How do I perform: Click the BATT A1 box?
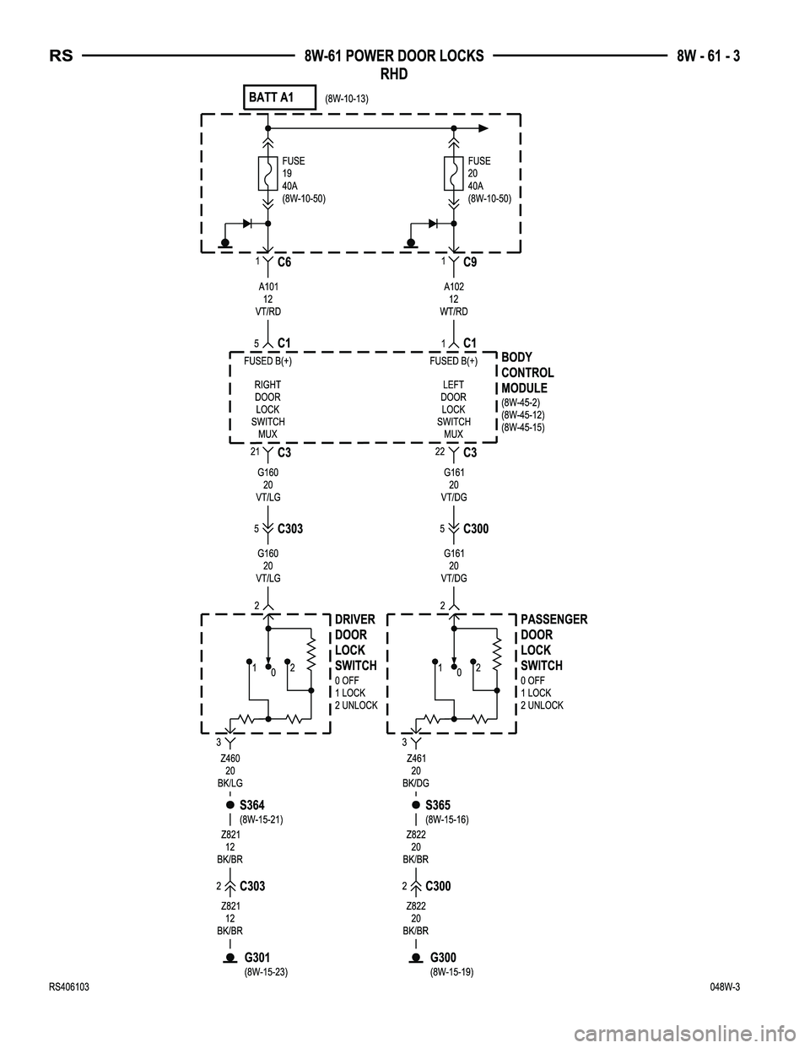[278, 98]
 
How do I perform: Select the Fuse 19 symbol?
[267, 174]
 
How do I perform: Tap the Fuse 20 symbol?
[453, 174]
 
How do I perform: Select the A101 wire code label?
[267, 287]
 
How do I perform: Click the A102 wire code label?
[454, 287]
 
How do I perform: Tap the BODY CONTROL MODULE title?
[527, 372]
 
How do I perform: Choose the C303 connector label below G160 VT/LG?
[289, 529]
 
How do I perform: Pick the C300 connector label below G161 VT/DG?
[476, 529]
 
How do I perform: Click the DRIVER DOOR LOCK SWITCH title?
[355, 642]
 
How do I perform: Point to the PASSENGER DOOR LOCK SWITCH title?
[553, 642]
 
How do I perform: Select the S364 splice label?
[252, 805]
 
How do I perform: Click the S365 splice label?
[438, 805]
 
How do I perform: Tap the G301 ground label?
[257, 958]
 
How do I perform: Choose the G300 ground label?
[443, 958]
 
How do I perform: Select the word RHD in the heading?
[394, 74]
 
